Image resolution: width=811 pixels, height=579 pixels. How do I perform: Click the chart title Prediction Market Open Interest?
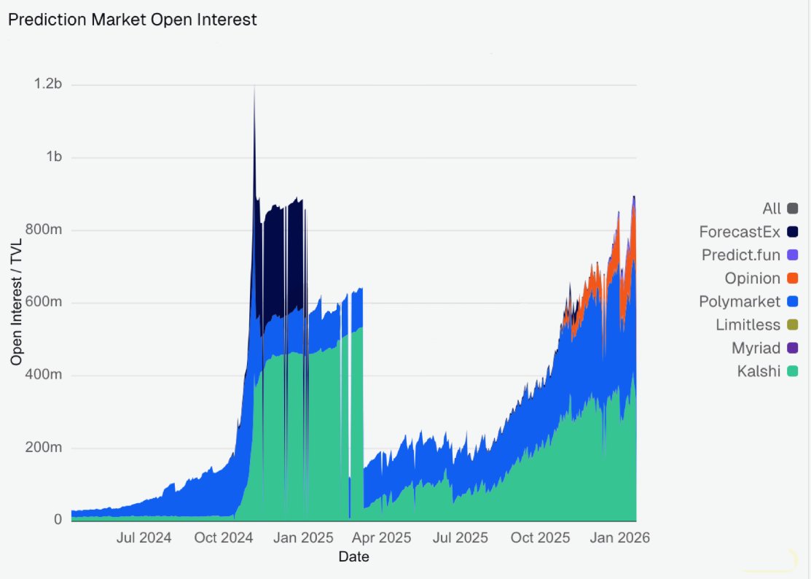pyautogui.click(x=132, y=20)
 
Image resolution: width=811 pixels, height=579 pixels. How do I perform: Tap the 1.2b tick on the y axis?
pyautogui.click(x=48, y=85)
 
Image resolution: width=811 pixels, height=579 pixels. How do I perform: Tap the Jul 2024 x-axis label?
pyautogui.click(x=144, y=538)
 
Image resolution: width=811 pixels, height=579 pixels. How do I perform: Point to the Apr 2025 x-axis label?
pyautogui.click(x=383, y=538)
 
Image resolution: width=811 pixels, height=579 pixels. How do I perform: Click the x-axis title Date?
pyautogui.click(x=353, y=557)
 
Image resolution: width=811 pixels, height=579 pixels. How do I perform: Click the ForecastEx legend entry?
pyautogui.click(x=740, y=232)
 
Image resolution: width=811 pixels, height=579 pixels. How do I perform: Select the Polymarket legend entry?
pyautogui.click(x=740, y=301)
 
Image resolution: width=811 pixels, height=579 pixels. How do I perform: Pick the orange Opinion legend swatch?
pyautogui.click(x=792, y=279)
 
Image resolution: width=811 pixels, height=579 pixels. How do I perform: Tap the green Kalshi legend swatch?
pyautogui.click(x=792, y=371)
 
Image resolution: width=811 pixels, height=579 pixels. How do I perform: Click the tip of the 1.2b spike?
pyautogui.click(x=254, y=87)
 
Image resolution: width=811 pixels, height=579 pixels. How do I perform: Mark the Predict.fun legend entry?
pyautogui.click(x=741, y=255)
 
